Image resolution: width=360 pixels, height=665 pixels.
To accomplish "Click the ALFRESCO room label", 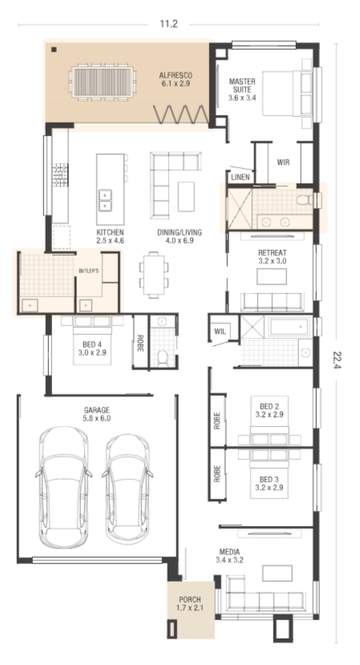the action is [x=176, y=79].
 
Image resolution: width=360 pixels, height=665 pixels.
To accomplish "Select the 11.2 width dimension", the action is [x=168, y=24].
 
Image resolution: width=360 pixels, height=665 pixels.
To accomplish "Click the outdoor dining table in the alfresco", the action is [x=103, y=83].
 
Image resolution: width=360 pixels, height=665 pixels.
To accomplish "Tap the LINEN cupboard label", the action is [x=241, y=177].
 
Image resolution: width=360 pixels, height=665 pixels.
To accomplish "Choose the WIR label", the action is [x=283, y=162].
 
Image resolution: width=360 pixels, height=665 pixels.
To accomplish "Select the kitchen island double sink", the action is [x=105, y=200].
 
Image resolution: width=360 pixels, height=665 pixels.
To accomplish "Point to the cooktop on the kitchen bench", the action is [x=60, y=175].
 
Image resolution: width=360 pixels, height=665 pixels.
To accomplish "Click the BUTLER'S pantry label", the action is [x=89, y=271].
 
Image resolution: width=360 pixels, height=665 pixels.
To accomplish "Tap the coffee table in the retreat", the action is [x=271, y=276].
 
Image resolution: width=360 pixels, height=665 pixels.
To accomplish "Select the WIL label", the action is [x=220, y=331].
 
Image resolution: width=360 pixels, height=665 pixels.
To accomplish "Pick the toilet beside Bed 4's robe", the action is [x=163, y=357].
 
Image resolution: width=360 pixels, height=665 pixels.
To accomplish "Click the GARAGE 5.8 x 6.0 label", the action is [x=96, y=414].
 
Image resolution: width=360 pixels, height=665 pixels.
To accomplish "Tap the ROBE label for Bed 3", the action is [x=217, y=474].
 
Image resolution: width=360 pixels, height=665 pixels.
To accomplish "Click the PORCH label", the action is [x=190, y=603].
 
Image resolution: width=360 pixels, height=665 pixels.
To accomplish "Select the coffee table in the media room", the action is [x=277, y=574].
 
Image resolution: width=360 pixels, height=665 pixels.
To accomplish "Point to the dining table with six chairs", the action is [x=154, y=274].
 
